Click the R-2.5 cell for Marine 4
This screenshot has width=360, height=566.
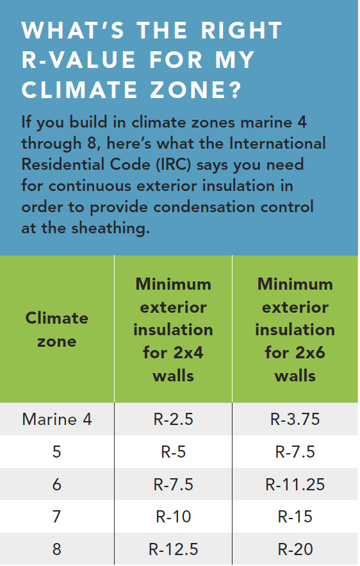(173, 420)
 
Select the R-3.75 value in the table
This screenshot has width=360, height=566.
(295, 420)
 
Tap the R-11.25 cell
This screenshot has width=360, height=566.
(295, 484)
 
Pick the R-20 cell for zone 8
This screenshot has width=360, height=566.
(295, 549)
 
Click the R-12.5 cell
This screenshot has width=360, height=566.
(173, 549)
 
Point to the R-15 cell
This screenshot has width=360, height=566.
(295, 517)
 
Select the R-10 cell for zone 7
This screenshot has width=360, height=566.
(173, 517)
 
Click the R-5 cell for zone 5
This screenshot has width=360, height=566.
(173, 452)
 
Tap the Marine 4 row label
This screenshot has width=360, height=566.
(57, 420)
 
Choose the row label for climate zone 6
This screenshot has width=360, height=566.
(57, 484)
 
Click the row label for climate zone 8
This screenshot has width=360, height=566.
(57, 549)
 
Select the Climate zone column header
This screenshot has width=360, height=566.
(57, 329)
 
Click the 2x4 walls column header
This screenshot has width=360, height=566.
(173, 329)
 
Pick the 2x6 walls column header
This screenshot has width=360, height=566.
(295, 329)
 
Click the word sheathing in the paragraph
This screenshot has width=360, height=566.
(106, 228)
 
